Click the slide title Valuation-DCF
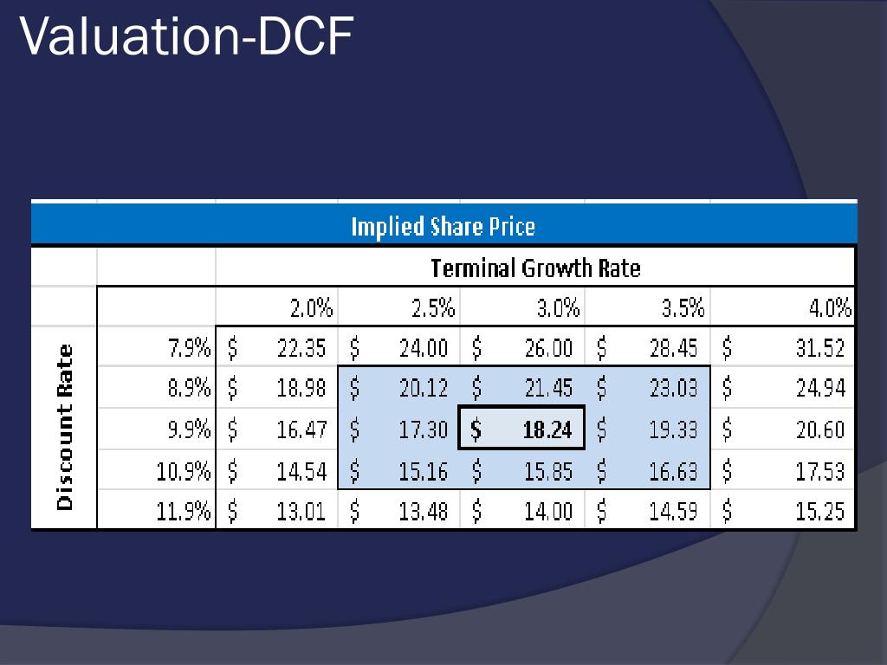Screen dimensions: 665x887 point(186,37)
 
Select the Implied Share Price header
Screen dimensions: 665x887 point(443,227)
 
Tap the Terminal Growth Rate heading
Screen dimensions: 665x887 point(535,268)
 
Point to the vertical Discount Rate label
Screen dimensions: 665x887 point(65,427)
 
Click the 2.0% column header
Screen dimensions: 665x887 point(311,308)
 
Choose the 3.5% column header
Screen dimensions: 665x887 point(683,308)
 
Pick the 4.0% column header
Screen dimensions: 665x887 point(830,308)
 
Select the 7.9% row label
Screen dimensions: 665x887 point(189,348)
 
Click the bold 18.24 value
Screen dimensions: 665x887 point(547,429)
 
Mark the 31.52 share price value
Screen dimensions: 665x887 point(819,348)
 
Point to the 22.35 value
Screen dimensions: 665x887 point(301,348)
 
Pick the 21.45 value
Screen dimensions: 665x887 point(548,389)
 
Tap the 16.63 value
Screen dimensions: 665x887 point(673,471)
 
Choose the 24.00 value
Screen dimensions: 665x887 point(424,348)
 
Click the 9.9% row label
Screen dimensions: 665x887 point(189,429)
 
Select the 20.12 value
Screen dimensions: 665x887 point(424,389)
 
